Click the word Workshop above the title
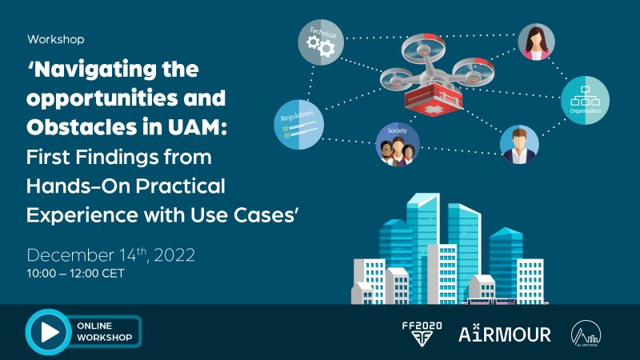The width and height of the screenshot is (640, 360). coord(56,39)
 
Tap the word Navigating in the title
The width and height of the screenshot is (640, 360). coord(93,70)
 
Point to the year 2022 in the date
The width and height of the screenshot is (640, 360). coord(174,255)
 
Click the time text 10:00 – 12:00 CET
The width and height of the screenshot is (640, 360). coord(75,273)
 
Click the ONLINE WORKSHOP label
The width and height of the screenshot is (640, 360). coord(105,331)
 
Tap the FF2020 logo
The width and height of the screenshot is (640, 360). coord(422,334)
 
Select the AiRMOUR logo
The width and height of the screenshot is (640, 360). coord(505,334)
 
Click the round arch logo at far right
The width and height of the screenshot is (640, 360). coord(586,334)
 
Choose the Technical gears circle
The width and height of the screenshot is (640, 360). coord(321,42)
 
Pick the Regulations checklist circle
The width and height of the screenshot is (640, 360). coord(299,125)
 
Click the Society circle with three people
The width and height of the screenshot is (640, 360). coord(398,145)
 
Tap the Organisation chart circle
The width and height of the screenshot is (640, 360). coord(586,100)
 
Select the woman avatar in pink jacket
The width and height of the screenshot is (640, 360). coord(536,42)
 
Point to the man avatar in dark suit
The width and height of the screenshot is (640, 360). coord(519,145)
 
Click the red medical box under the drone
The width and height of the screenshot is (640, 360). coord(433,99)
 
